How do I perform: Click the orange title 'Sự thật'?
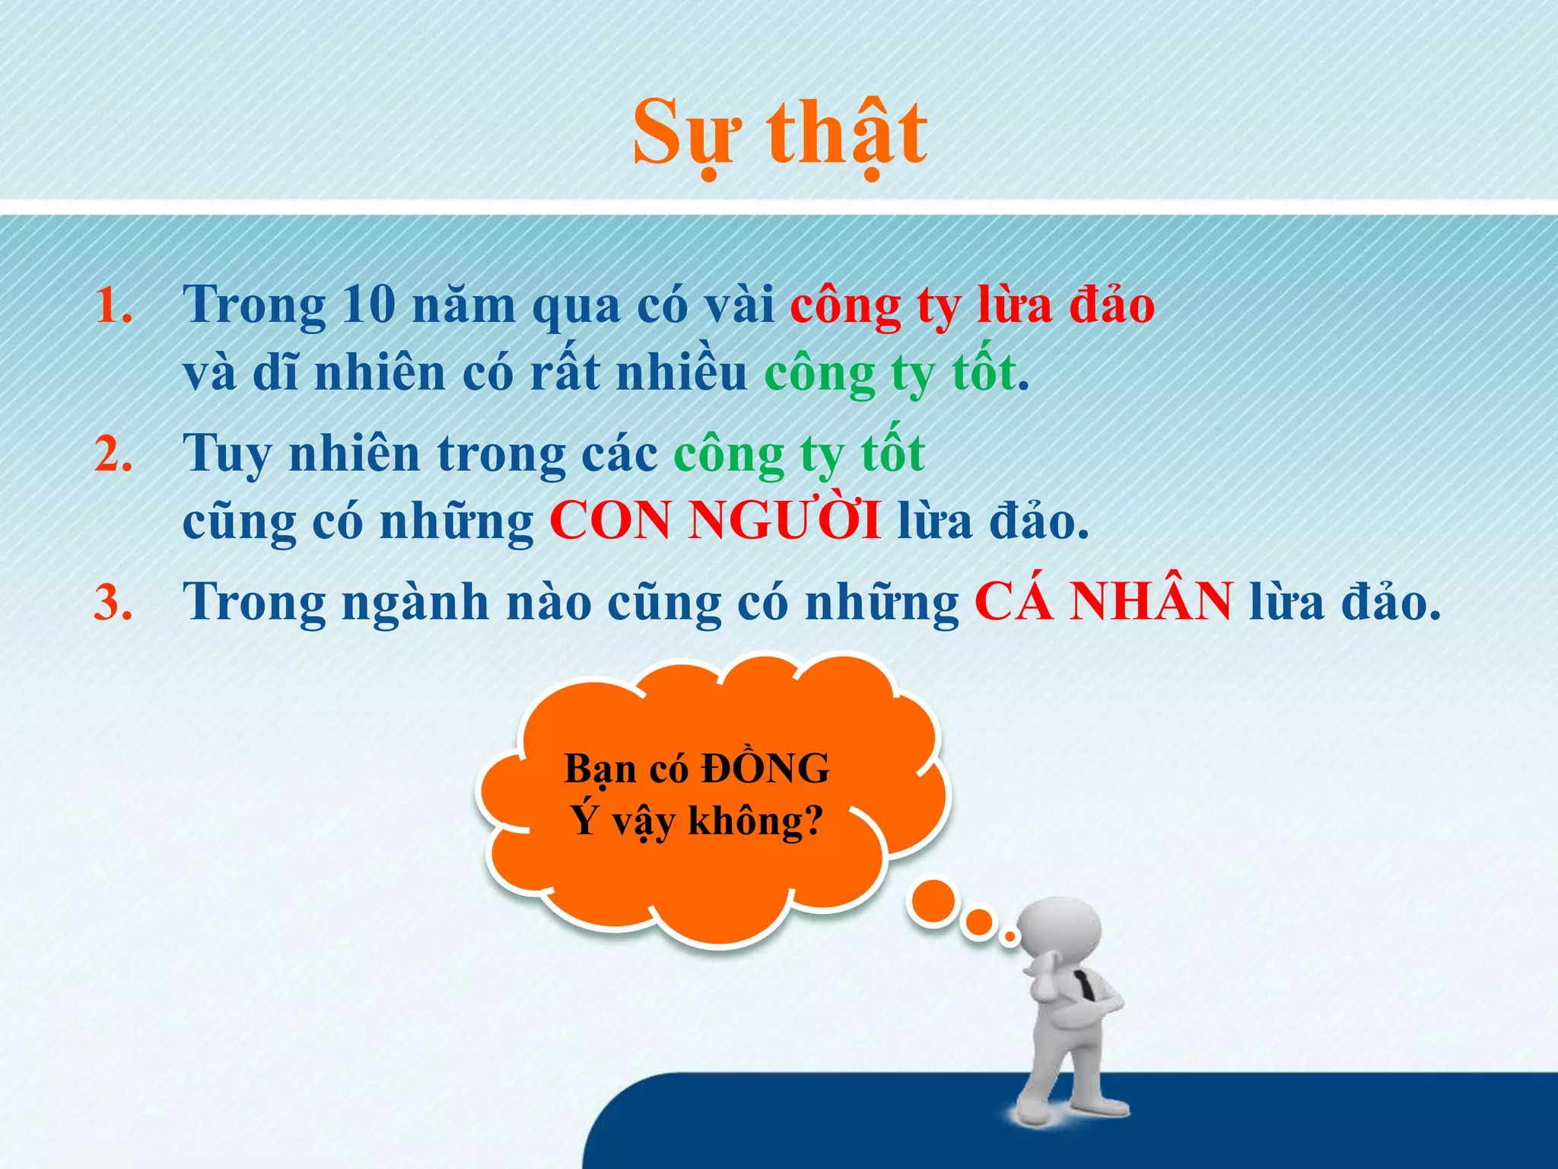coord(780,133)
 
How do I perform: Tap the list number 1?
coord(114,306)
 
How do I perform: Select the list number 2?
coord(114,454)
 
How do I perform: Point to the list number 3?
coord(114,603)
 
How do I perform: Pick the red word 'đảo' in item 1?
coord(1111,304)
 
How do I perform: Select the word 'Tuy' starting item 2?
coord(227,454)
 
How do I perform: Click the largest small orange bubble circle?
coord(932,902)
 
